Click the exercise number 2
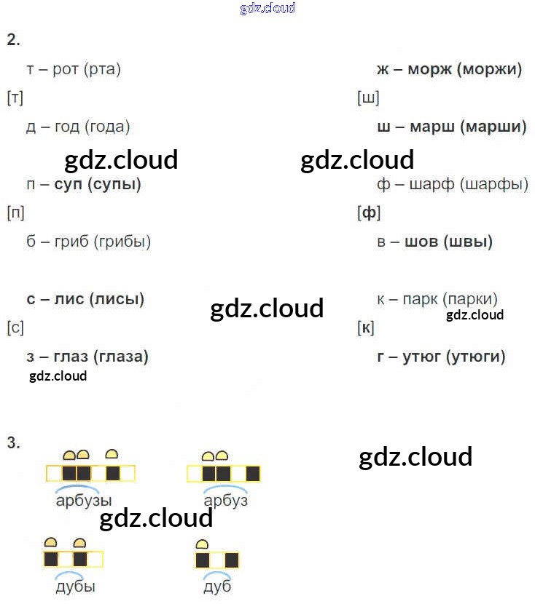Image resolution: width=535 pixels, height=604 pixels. (x=12, y=40)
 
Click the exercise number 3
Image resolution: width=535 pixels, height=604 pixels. (x=12, y=442)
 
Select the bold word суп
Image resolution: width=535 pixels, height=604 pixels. (x=68, y=184)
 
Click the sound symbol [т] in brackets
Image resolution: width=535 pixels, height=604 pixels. (x=15, y=98)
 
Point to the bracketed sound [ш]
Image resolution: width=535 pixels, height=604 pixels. (x=368, y=98)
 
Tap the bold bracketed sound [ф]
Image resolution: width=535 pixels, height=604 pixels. (x=369, y=213)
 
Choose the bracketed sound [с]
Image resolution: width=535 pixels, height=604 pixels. (x=15, y=328)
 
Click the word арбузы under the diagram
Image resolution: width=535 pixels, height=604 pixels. (x=84, y=501)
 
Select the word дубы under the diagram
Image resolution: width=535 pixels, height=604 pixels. (x=75, y=587)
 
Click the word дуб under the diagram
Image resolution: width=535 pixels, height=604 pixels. (x=217, y=587)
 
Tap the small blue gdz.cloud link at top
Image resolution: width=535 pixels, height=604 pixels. (x=267, y=9)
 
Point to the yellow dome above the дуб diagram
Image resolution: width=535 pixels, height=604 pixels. (x=203, y=544)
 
